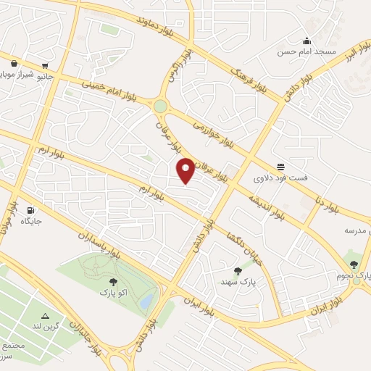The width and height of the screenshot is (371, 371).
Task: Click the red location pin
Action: pos(186,170)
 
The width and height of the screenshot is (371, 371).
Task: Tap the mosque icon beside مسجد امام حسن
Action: pos(307,41)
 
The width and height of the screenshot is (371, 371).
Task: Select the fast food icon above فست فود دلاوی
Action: pos(280,167)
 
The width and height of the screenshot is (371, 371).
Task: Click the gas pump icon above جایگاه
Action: pos(30,211)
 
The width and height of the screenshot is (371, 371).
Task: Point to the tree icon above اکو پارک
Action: pos(112,283)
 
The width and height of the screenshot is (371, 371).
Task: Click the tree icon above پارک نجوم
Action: pos(354,265)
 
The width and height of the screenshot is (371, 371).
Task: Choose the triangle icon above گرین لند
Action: pos(46,316)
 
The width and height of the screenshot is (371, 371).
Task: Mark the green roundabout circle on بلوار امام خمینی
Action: pos(160,107)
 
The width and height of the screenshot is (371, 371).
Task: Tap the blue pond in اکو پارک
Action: pos(147,299)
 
